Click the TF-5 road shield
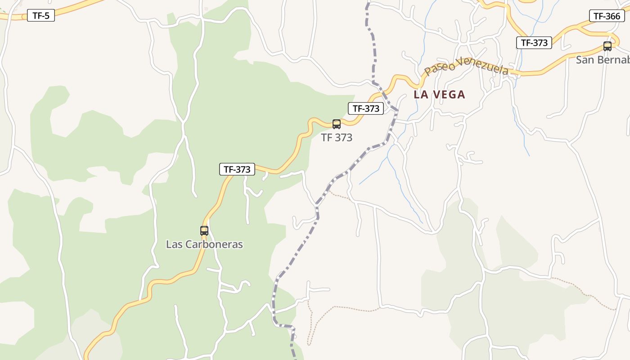(x=41, y=16)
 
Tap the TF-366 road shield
(x=607, y=16)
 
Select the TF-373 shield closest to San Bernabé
(x=534, y=43)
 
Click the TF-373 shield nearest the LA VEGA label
(x=366, y=108)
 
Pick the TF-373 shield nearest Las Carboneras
(x=237, y=169)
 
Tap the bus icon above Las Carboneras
(x=204, y=231)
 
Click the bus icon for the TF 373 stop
(x=337, y=124)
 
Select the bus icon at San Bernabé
(x=607, y=46)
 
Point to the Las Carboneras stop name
(x=204, y=245)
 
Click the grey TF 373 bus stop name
(x=337, y=138)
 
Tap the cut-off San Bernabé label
(x=603, y=60)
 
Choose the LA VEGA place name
(x=439, y=95)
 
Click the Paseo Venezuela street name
(x=466, y=67)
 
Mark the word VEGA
(x=448, y=95)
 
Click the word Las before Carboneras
(x=174, y=245)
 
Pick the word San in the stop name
(x=585, y=60)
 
